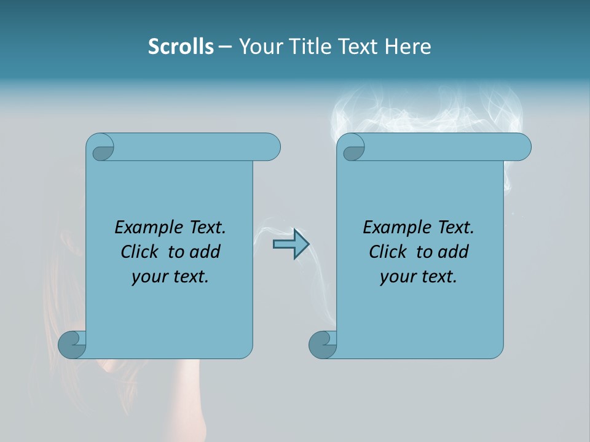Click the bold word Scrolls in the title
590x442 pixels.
click(x=181, y=46)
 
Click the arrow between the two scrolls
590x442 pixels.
click(x=291, y=244)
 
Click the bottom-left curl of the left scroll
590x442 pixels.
click(x=72, y=344)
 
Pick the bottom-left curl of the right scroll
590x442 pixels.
click(x=322, y=344)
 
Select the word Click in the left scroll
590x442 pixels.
click(x=140, y=252)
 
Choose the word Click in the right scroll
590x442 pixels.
click(x=388, y=252)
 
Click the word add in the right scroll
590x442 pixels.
click(x=453, y=252)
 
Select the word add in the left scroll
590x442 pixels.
click(x=205, y=252)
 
